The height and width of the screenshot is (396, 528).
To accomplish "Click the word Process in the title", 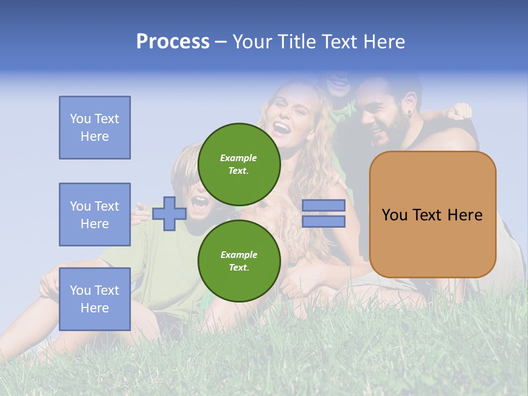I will (x=173, y=42).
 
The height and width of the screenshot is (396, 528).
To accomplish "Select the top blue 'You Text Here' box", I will (x=95, y=128).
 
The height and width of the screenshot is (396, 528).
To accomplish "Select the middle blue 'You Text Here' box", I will (x=95, y=215).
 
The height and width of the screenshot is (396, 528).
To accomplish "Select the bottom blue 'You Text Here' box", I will (x=95, y=299).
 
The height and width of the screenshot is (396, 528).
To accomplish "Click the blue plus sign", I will (x=169, y=213).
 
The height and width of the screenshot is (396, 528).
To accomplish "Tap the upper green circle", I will (x=239, y=164).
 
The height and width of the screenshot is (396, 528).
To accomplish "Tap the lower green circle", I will (x=239, y=261).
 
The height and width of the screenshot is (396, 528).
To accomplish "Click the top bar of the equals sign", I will (x=323, y=205).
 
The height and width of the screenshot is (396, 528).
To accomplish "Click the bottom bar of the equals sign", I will (x=323, y=222).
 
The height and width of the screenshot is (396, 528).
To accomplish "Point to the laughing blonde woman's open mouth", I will (x=281, y=129).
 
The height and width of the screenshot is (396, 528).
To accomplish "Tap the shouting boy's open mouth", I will (x=200, y=204).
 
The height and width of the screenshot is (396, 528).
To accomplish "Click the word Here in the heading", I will (x=383, y=42).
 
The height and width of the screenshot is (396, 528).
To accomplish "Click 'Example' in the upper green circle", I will (x=239, y=158).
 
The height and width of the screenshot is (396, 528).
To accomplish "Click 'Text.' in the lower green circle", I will (x=239, y=268).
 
